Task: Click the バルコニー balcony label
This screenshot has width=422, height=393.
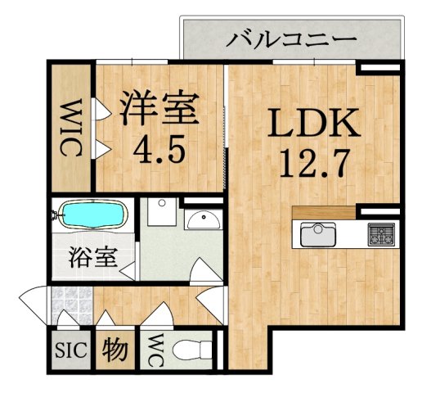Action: pyautogui.click(x=292, y=38)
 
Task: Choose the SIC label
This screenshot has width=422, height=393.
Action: pyautogui.click(x=71, y=352)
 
